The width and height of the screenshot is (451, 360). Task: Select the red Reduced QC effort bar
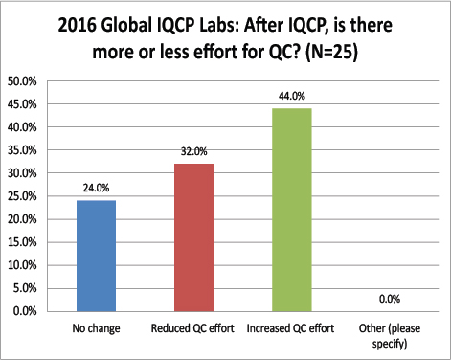194,237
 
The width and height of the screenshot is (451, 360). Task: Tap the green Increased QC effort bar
292,210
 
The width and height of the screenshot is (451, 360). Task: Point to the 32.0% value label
195,153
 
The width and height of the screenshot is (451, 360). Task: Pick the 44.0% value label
293,97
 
